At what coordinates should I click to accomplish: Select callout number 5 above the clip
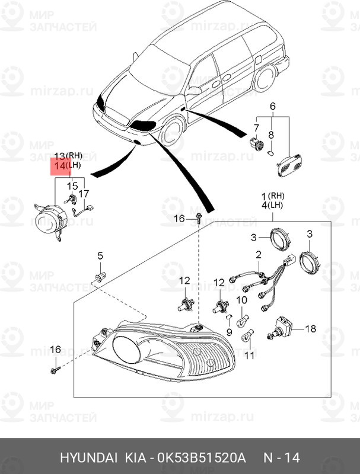coord(100,255)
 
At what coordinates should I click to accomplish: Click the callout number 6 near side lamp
coord(273,106)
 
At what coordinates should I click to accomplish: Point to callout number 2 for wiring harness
coord(259,255)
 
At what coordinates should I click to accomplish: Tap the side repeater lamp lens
coord(289,164)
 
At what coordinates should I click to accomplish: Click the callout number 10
coord(241,300)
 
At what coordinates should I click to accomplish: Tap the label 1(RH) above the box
coord(273,196)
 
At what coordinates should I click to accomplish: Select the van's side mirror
coord(193,91)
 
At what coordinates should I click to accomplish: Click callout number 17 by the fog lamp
coord(84,193)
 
